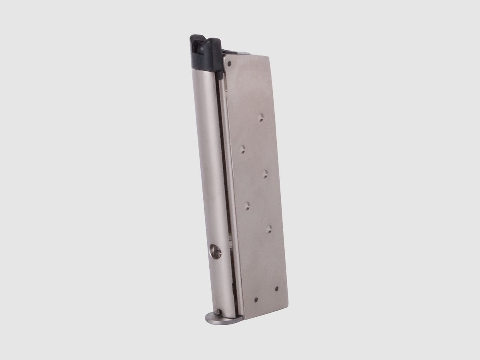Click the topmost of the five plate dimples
[260, 117]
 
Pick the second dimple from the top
[242, 150]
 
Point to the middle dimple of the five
[265, 173]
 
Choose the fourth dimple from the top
[247, 206]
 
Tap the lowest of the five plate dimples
[269, 229]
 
